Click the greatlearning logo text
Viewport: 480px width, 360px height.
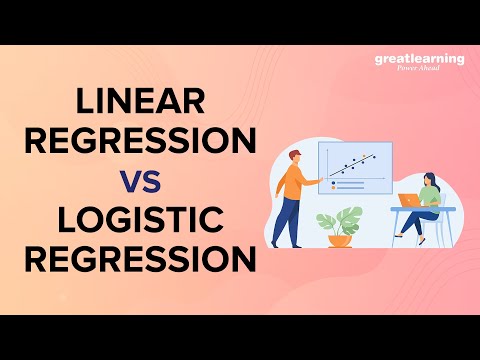419,59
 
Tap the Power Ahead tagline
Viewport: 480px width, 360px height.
419,70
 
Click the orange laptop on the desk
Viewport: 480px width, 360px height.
408,199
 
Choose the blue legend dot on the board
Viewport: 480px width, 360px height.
333,183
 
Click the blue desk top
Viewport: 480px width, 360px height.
425,209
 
